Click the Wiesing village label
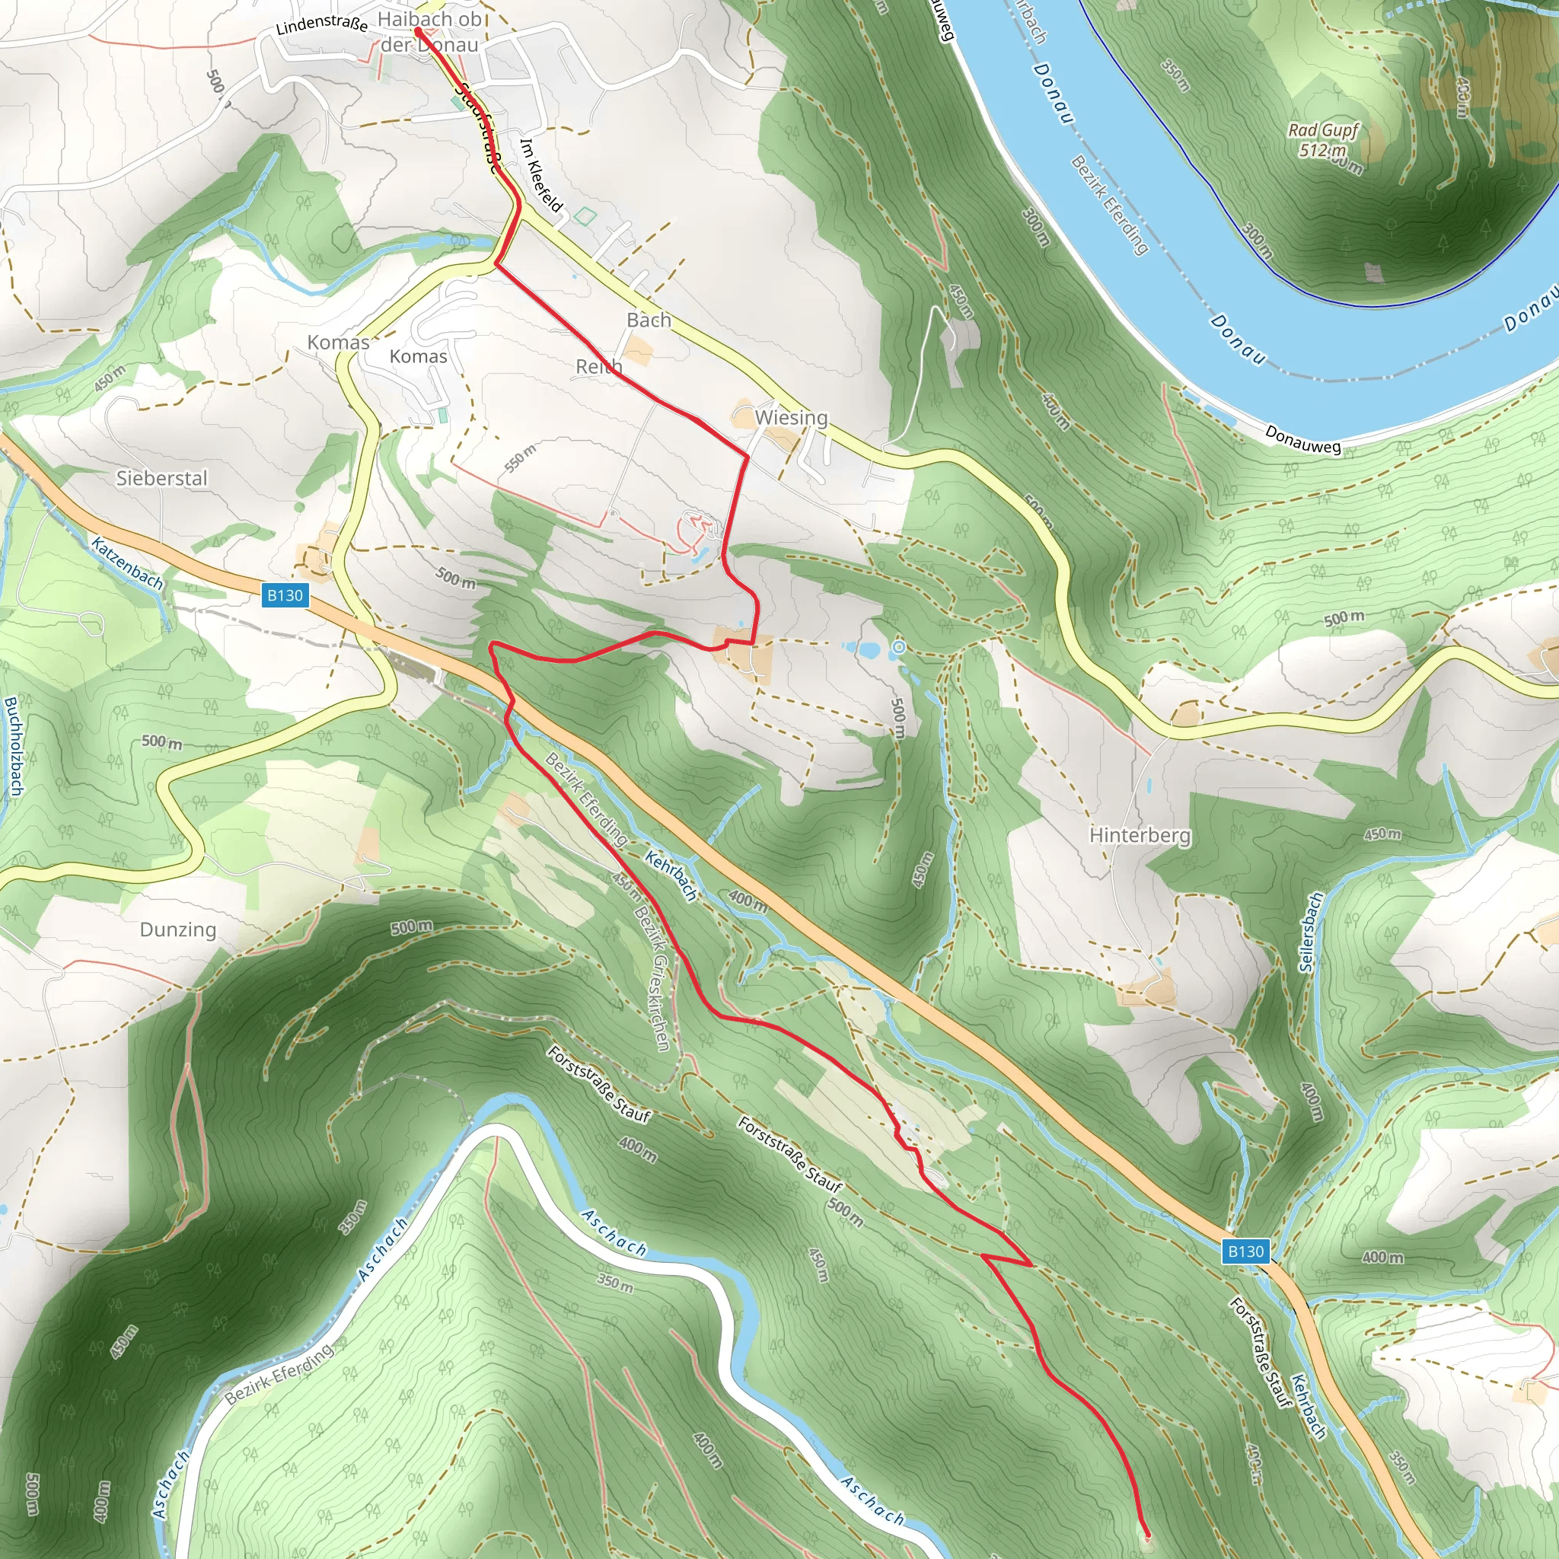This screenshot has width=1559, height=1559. pos(791,418)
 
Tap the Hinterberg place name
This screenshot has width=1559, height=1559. pos(1140,834)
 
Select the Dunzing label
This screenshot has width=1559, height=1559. pos(177,929)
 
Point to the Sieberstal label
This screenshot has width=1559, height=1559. pos(161,479)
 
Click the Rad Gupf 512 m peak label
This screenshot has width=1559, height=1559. pos(1323,139)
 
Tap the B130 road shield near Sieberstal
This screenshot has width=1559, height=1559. pos(285,595)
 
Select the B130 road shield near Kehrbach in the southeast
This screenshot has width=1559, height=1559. pos(1245,1251)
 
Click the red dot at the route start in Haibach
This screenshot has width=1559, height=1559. pos(418,31)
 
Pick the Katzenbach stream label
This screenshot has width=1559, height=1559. pos(126,563)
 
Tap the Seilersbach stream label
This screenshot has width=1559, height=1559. pos(1312,931)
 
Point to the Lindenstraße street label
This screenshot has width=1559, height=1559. pos(321,24)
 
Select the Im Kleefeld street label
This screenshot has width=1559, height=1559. pos(540,175)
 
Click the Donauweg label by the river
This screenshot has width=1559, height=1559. pos(1302,440)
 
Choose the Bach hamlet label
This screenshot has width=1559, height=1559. pos(649,320)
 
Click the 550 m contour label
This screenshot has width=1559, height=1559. pos(520,457)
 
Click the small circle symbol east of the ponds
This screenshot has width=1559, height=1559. pos(899,647)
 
